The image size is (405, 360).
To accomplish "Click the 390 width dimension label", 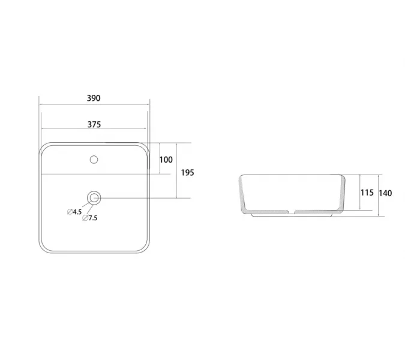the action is click(94, 98).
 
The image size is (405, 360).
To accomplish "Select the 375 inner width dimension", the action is click(94, 124).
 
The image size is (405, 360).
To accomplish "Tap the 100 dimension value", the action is click(166, 160).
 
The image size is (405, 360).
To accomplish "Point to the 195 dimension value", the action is click(188, 173).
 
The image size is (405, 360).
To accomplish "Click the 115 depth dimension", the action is click(367, 193).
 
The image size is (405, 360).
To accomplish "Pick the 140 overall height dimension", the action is click(385, 193).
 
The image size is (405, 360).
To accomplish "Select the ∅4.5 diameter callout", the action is click(74, 212).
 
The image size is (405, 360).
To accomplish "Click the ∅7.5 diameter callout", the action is click(90, 218).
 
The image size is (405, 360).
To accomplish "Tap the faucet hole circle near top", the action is click(94, 160).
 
